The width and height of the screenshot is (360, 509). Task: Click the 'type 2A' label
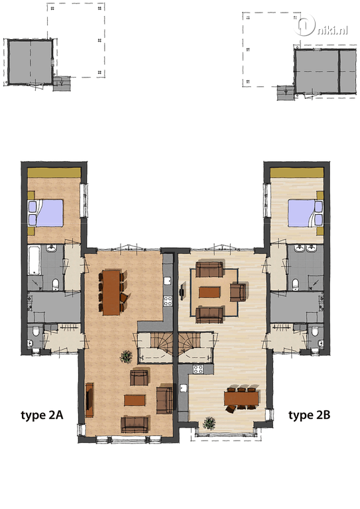click(42, 415)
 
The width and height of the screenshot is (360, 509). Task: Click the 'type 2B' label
click(309, 415)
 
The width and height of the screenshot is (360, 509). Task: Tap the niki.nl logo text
click(331, 31)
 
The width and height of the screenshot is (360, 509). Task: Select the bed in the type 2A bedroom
click(46, 213)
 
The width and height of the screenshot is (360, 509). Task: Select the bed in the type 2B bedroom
click(305, 213)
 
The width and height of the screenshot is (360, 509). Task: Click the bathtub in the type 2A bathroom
click(34, 260)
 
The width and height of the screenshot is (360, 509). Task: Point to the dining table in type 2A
click(111, 292)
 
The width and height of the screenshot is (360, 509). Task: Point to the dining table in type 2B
click(241, 399)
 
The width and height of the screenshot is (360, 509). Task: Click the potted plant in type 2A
click(126, 357)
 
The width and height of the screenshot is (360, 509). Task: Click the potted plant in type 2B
click(209, 424)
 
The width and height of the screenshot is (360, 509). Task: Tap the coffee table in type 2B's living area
click(210, 292)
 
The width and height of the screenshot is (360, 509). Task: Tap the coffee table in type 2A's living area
click(135, 400)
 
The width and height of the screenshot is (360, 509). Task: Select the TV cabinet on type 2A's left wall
click(90, 400)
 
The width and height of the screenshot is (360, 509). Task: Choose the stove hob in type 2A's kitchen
click(168, 301)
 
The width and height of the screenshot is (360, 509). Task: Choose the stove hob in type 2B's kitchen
click(198, 368)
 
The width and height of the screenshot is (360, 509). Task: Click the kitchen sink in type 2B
click(184, 388)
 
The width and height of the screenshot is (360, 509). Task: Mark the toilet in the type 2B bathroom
click(296, 284)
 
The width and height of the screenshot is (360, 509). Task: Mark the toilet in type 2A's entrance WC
click(35, 332)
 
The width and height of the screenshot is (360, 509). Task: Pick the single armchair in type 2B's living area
click(238, 292)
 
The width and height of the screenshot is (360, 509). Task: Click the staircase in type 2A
click(156, 347)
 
